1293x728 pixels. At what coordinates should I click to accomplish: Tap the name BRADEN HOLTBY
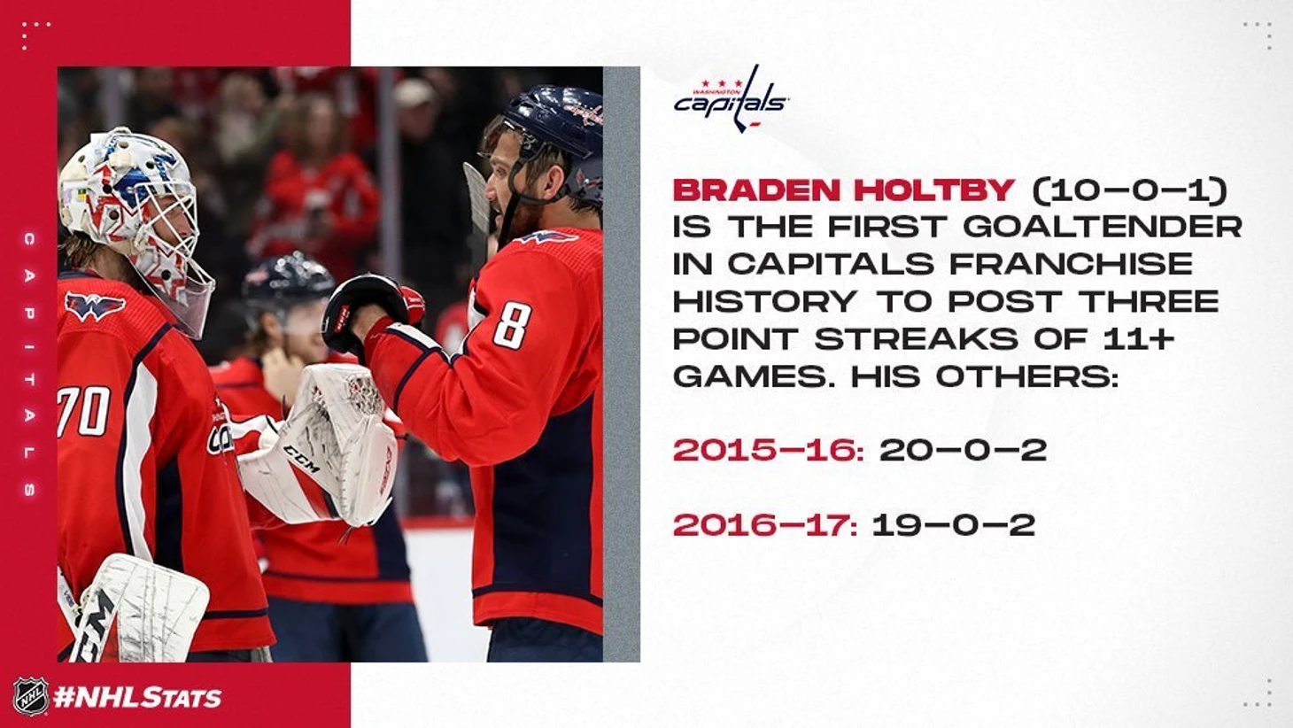(844, 190)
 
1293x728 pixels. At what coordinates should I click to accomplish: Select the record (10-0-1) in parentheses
(1130, 190)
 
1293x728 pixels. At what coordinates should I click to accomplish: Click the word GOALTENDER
(1103, 227)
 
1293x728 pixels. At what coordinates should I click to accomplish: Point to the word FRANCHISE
(1072, 264)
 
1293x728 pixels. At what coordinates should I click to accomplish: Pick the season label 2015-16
(769, 450)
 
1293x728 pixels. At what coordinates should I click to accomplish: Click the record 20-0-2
(963, 450)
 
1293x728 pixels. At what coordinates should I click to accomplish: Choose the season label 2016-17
(765, 525)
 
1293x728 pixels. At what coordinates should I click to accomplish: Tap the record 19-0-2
(954, 525)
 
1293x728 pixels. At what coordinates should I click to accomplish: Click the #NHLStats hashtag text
(137, 697)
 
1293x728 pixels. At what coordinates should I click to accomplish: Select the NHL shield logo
(31, 696)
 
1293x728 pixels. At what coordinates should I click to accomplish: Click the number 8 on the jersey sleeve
(512, 326)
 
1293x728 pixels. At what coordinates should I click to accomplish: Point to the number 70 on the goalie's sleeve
(84, 412)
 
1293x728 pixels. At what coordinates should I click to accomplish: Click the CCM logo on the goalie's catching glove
(301, 459)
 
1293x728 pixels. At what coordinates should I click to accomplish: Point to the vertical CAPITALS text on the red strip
(29, 364)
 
